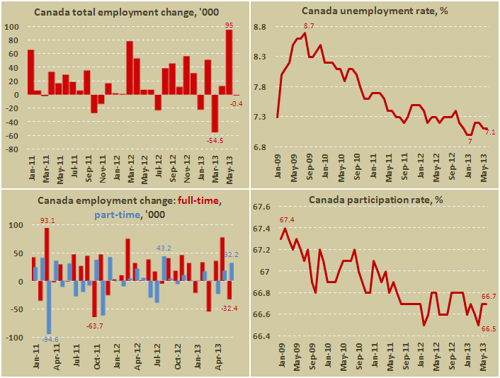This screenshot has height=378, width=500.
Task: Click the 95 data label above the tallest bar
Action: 229,25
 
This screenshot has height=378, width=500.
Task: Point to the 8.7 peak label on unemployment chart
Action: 309,26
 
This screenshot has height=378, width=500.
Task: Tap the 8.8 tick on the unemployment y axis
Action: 260,27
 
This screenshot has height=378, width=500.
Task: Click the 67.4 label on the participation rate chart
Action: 288,220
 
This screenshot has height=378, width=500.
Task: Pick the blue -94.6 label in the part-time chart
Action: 50,340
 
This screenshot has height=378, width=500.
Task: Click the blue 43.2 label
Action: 164,248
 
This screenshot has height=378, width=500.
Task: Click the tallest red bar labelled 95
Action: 229,62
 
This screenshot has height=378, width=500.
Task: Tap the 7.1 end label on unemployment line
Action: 489,132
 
